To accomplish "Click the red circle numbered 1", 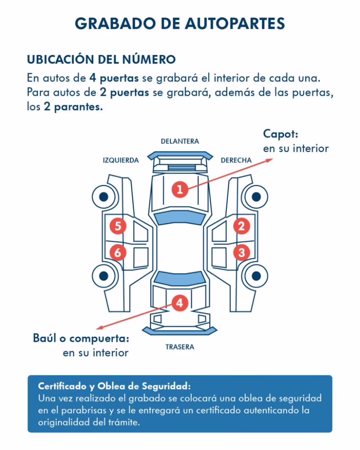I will tap(180, 189).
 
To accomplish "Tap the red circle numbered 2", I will tap(242, 226).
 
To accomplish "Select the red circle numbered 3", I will tap(242, 252).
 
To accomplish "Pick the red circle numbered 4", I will tap(180, 303).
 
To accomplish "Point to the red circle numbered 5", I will tap(117, 226).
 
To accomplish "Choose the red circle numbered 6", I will tap(117, 252).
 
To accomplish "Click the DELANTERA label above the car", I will tap(180, 141).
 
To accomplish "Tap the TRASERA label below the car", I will tap(180, 347).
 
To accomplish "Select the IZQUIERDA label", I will tap(121, 160).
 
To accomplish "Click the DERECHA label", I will tap(236, 160).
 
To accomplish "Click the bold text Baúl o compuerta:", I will tap(81, 338).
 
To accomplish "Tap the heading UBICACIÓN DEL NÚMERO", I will tap(101, 59).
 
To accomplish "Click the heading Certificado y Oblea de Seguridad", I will tap(115, 387).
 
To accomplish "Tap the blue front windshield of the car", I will tap(180, 218).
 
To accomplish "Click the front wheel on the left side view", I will tap(103, 196).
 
